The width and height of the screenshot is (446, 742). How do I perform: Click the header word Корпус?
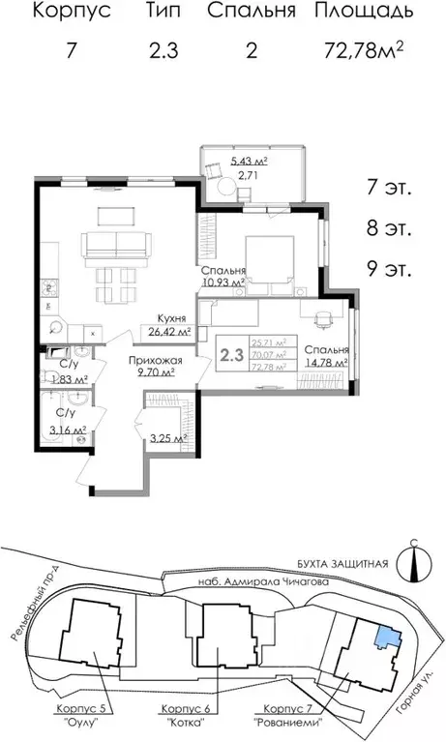click(71, 13)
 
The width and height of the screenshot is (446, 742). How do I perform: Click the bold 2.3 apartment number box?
click(231, 354)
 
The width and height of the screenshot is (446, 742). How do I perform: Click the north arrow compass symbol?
click(413, 566)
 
